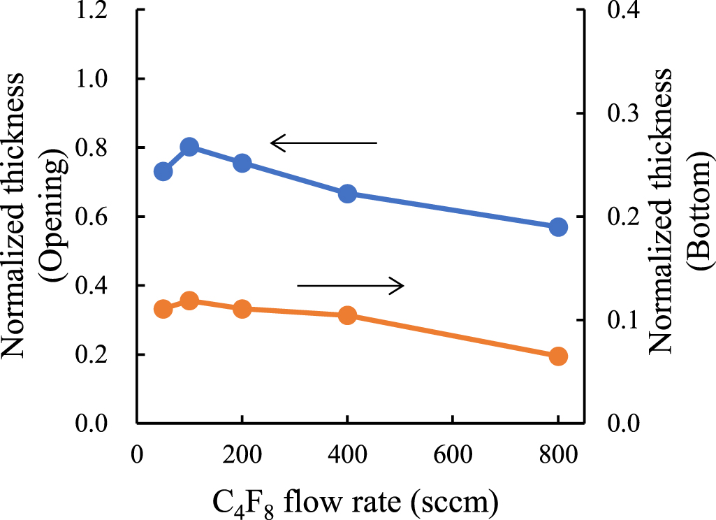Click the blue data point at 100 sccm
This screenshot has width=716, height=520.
[189, 147]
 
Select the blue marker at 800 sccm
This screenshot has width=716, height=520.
[558, 227]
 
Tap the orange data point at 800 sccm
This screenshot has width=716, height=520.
[558, 356]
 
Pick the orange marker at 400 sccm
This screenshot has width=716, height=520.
[347, 315]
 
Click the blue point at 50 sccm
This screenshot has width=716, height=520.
[163, 171]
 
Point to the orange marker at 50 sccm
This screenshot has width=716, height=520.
[163, 309]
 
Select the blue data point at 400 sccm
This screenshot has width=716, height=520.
[347, 194]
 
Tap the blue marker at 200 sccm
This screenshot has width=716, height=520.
[242, 163]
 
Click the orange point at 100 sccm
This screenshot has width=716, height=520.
[189, 301]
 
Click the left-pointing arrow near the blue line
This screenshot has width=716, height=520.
[323, 144]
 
